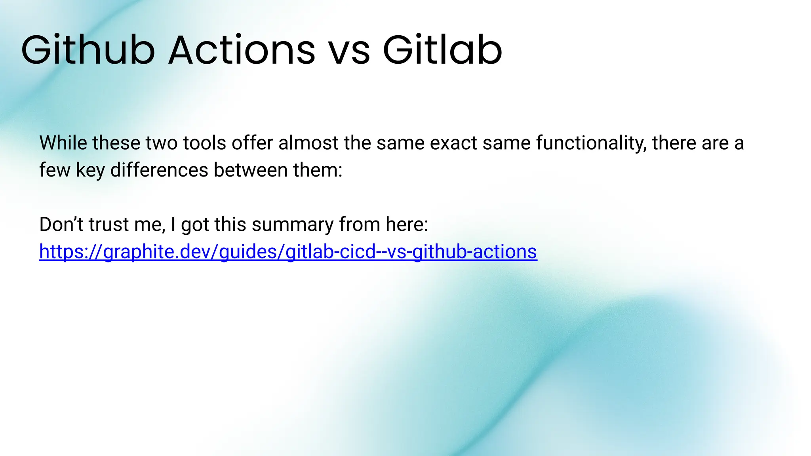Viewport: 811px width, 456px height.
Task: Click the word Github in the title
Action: pos(88,50)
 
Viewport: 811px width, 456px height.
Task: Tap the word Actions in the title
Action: pos(242,50)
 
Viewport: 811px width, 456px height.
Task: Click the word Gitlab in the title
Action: pos(442,50)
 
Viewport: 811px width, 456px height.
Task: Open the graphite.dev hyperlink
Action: pos(288,252)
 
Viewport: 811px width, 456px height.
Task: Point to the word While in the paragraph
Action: pos(63,143)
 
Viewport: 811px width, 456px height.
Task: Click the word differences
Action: pos(159,170)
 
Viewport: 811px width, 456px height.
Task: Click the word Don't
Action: pos(61,224)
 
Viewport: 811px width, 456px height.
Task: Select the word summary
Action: pos(293,224)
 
